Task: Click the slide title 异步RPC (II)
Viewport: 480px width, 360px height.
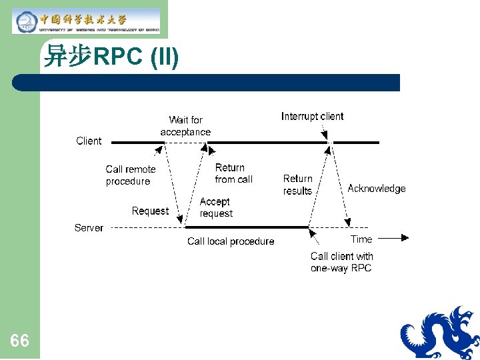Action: pyautogui.click(x=111, y=57)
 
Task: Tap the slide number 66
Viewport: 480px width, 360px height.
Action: pyautogui.click(x=19, y=341)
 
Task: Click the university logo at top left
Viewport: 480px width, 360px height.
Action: pyautogui.click(x=87, y=21)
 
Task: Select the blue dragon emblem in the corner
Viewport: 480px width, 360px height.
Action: pyautogui.click(x=439, y=333)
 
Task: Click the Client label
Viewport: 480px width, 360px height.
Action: pyautogui.click(x=89, y=141)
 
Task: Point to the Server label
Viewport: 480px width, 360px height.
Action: pyautogui.click(x=89, y=228)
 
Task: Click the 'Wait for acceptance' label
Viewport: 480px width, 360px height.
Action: pyautogui.click(x=185, y=126)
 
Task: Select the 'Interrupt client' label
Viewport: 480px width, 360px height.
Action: pyautogui.click(x=312, y=117)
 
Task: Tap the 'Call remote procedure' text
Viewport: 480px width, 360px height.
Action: pyautogui.click(x=131, y=175)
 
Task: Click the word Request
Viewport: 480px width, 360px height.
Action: pyautogui.click(x=150, y=211)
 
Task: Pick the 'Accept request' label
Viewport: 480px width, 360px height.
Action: pyautogui.click(x=215, y=207)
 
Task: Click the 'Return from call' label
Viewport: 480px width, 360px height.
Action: pyautogui.click(x=233, y=173)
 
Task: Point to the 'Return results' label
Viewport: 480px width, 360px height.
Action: pyautogui.click(x=297, y=185)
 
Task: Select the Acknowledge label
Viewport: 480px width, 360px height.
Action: pyautogui.click(x=376, y=189)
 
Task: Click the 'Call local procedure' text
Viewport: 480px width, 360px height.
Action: pyautogui.click(x=231, y=241)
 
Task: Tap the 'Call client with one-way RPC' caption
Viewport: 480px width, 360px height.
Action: pyautogui.click(x=341, y=262)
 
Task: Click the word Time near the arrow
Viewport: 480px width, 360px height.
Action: pyautogui.click(x=361, y=239)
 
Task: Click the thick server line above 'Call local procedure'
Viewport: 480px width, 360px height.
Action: pyautogui.click(x=247, y=227)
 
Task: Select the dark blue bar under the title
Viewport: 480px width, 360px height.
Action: pyautogui.click(x=207, y=83)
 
